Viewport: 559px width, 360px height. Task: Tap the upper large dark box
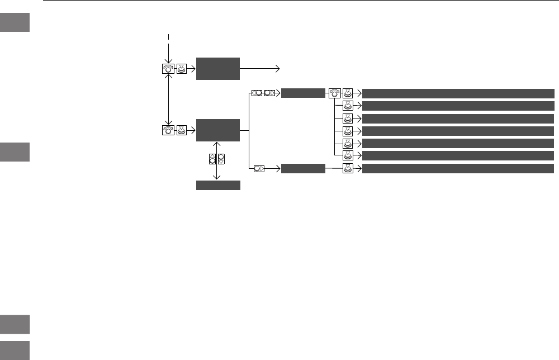[218, 69]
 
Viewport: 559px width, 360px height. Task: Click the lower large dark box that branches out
[218, 131]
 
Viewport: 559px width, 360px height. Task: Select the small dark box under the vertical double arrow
[218, 186]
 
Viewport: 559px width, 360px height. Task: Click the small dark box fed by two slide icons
[303, 93]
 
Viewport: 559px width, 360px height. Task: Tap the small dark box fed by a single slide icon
[303, 168]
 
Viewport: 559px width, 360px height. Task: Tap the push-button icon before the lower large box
[181, 131]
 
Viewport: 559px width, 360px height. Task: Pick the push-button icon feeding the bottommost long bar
[348, 168]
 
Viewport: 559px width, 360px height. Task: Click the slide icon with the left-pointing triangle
[257, 93]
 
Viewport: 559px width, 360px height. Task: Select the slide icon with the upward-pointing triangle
[212, 158]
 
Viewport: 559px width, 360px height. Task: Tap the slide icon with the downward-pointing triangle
[221, 158]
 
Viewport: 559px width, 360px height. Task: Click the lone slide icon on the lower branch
[259, 168]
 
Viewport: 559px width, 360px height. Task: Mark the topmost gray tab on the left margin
[15, 22]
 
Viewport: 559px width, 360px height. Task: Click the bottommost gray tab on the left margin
[15, 350]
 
